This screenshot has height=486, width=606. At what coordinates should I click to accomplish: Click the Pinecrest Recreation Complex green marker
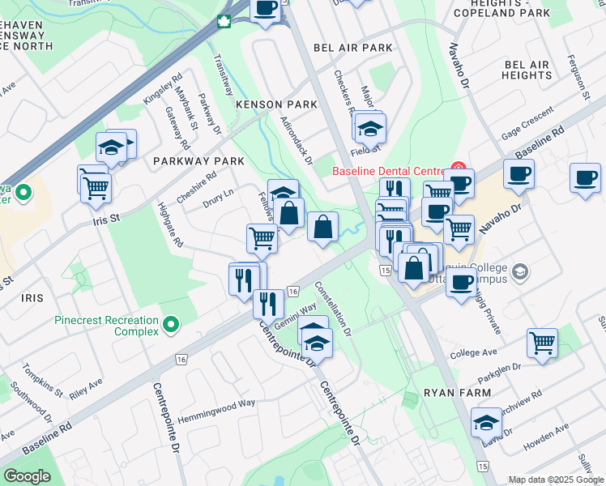170,326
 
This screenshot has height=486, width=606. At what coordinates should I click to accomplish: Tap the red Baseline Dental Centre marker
457,171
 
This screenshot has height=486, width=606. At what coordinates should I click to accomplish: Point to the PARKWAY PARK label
198,161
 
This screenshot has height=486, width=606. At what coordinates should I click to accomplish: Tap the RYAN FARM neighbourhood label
457,393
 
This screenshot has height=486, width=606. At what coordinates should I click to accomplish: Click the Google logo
28,476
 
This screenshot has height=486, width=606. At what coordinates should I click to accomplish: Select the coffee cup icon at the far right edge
584,177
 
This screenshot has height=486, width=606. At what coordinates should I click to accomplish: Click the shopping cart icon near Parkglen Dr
541,342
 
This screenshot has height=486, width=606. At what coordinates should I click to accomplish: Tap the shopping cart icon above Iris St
96,186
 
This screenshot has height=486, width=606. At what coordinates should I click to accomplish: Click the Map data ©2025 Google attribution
555,480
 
